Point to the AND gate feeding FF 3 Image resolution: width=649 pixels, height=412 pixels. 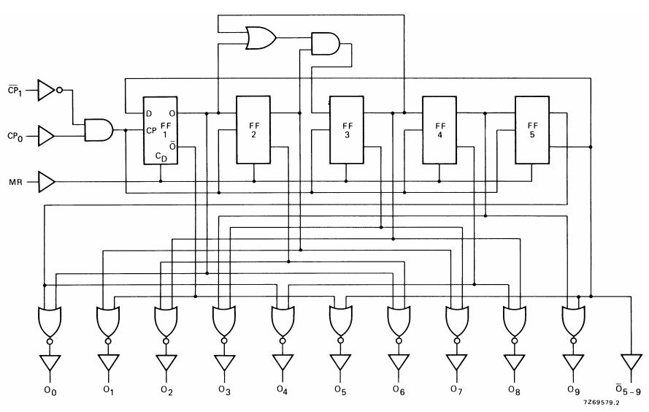click(x=324, y=44)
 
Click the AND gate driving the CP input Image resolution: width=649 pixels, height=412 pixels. click(x=99, y=130)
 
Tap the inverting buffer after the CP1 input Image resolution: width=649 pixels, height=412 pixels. click(x=47, y=91)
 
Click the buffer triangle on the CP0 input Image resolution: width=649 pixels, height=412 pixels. click(x=47, y=135)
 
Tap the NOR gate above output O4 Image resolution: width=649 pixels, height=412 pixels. click(x=282, y=319)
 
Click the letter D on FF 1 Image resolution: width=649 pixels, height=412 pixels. click(x=150, y=113)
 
